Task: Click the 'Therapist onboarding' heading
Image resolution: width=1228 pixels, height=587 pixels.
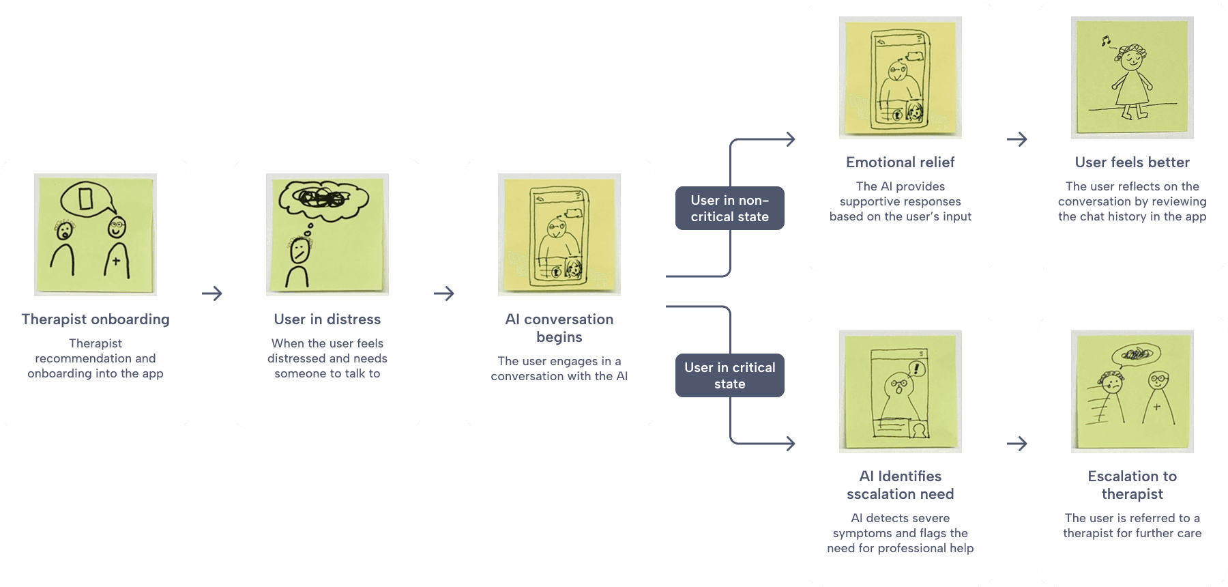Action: pos(96,319)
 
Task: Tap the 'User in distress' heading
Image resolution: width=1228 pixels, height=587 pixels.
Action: pos(327,319)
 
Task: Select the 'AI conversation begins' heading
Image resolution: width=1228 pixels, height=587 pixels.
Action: pos(559,328)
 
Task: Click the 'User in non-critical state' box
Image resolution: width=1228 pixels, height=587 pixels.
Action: pos(730,208)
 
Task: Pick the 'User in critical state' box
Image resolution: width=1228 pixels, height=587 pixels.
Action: pos(730,375)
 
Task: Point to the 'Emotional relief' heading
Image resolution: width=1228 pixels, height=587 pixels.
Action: pos(901,162)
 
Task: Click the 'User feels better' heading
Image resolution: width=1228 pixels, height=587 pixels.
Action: pos(1132,162)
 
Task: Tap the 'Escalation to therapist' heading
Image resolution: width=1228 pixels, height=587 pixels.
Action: pos(1132,485)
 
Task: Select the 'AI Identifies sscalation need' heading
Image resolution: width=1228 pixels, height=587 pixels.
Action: pos(901,485)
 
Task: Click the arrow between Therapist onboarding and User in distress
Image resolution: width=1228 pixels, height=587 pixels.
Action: pos(212,293)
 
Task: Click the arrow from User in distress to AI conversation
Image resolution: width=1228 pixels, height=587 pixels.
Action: pos(444,293)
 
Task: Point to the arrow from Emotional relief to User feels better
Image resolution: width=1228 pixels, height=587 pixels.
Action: pos(1017,139)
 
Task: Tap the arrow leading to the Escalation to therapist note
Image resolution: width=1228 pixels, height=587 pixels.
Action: pos(1017,444)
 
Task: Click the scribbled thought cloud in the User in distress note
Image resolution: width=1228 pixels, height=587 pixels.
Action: pos(324,198)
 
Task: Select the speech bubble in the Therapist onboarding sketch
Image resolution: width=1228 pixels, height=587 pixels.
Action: pos(87,199)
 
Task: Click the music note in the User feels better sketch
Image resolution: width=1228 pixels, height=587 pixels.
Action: pos(1106,41)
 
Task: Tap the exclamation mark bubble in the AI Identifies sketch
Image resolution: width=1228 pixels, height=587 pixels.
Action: pos(916,369)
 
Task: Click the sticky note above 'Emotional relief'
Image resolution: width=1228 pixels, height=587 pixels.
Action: pos(901,78)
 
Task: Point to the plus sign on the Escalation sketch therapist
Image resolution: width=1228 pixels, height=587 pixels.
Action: pos(1156,407)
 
